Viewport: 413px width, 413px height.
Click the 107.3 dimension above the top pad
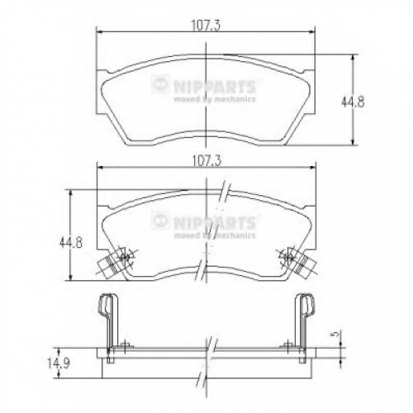206,26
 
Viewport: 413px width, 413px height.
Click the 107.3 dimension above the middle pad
206,161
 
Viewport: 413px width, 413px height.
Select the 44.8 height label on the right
353,102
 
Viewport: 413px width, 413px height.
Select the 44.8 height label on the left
71,243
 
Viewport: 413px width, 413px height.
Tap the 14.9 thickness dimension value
58,363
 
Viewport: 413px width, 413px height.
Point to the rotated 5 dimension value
335,334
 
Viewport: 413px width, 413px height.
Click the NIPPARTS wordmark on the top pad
215,86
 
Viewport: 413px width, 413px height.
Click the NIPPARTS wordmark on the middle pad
215,222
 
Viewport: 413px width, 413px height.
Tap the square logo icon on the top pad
160,84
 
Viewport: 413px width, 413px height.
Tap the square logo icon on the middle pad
160,221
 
